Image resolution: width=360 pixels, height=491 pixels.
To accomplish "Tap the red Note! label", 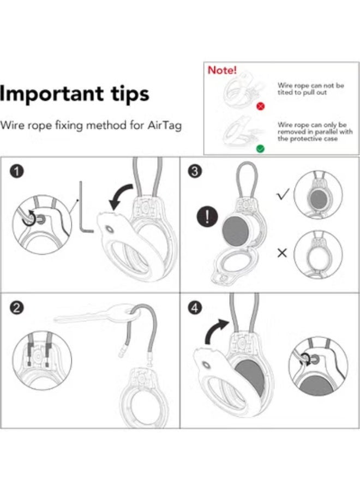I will click(x=222, y=70).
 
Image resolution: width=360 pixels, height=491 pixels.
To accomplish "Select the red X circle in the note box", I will click(x=260, y=106).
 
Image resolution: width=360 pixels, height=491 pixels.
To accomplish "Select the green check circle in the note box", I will click(x=260, y=148).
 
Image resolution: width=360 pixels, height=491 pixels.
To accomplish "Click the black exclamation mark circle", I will click(x=207, y=217).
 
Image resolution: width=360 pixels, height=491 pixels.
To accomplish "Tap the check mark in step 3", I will click(x=283, y=195).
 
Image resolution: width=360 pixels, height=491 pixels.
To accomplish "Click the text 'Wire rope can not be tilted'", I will click(x=310, y=89).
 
